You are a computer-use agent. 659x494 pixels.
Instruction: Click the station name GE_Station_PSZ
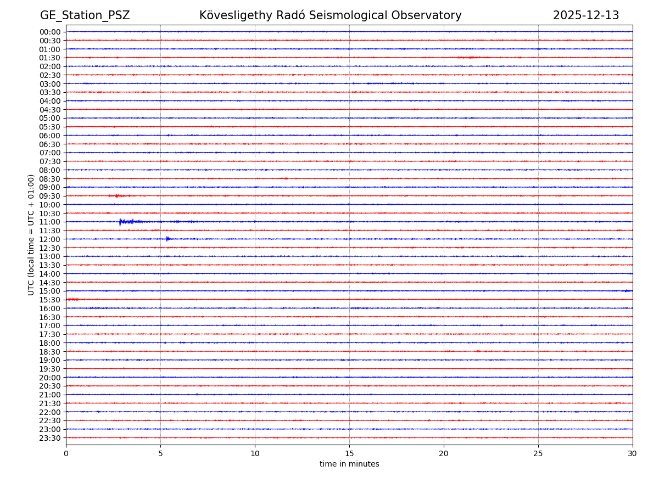click(85, 15)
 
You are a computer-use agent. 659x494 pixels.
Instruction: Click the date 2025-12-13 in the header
click(585, 15)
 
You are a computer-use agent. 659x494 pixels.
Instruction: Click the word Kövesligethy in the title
click(234, 15)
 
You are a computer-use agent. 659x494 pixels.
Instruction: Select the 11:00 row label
click(50, 222)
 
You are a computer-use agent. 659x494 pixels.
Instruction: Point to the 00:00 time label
click(50, 32)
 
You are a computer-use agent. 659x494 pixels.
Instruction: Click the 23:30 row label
click(50, 438)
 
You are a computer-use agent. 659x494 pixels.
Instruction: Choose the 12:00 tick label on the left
click(50, 239)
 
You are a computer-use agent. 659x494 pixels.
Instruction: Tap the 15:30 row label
click(50, 300)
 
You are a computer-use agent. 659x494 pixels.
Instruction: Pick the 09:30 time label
click(50, 196)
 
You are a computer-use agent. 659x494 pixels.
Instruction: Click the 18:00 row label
click(50, 343)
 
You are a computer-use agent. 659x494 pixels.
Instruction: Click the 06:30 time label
click(50, 144)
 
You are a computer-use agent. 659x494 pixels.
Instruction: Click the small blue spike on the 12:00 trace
click(167, 239)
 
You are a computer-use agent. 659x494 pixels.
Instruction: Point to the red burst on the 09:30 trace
click(118, 196)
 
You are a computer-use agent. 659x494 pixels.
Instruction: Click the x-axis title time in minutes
click(349, 464)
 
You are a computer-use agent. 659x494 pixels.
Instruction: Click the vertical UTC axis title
click(31, 234)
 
